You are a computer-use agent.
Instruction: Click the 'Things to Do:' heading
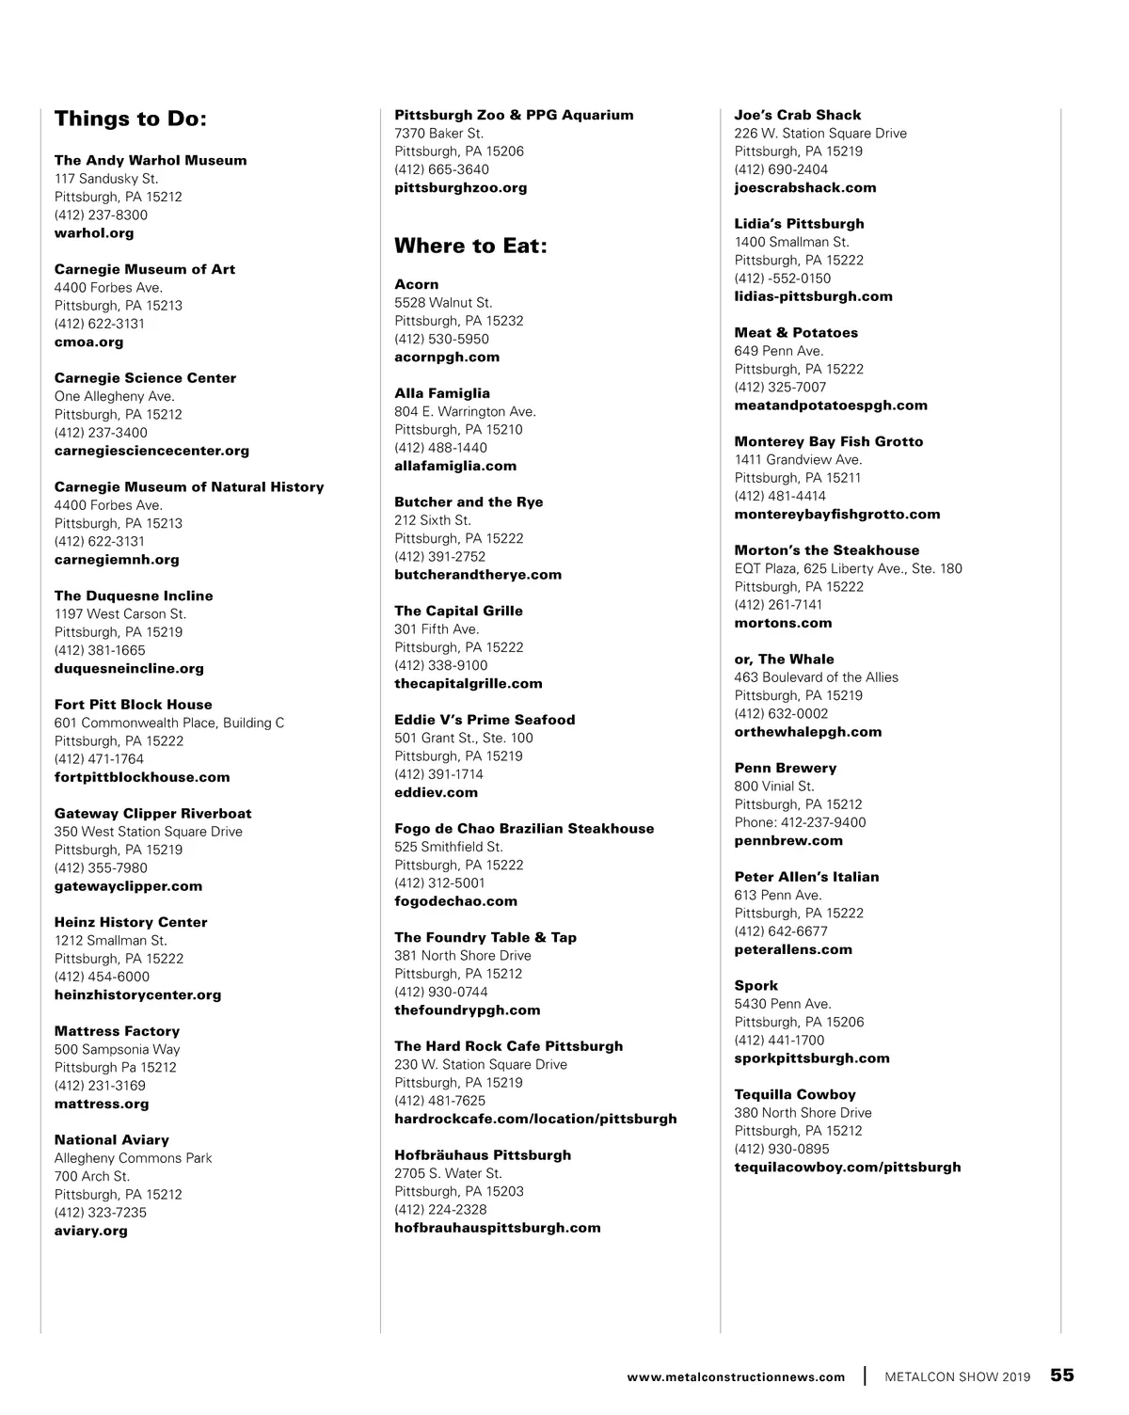pyautogui.click(x=131, y=119)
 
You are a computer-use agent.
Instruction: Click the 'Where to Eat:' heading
pyautogui.click(x=470, y=246)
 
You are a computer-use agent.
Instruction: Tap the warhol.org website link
pyautogui.click(x=94, y=233)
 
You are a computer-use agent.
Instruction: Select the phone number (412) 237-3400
pyautogui.click(x=101, y=433)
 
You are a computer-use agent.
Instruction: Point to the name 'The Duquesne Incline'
pyautogui.click(x=134, y=596)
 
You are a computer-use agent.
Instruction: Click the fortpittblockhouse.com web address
pyautogui.click(x=142, y=777)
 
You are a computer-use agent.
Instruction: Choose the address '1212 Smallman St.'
pyautogui.click(x=110, y=940)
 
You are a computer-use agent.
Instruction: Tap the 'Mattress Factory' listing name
pyautogui.click(x=117, y=1031)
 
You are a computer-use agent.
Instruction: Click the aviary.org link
pyautogui.click(x=90, y=1231)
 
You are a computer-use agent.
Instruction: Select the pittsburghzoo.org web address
pyautogui.click(x=460, y=188)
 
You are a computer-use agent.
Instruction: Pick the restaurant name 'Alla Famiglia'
pyautogui.click(x=442, y=393)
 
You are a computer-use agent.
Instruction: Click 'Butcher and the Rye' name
pyautogui.click(x=469, y=502)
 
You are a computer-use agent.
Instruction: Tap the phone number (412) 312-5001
pyautogui.click(x=439, y=882)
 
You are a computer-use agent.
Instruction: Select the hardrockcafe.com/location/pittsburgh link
pyautogui.click(x=535, y=1119)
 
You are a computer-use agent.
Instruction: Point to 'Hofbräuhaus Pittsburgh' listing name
pyautogui.click(x=483, y=1155)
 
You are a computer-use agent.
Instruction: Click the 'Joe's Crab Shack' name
pyautogui.click(x=798, y=115)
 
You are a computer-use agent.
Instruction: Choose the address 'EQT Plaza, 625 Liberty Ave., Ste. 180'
pyautogui.click(x=848, y=568)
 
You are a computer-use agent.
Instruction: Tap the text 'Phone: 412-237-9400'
pyautogui.click(x=800, y=822)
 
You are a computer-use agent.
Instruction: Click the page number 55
pyautogui.click(x=1062, y=1375)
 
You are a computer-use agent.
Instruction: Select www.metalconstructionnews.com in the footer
pyautogui.click(x=736, y=1377)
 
